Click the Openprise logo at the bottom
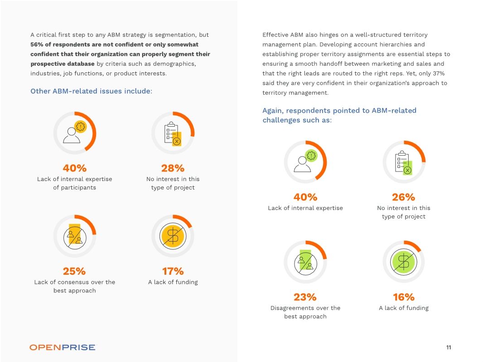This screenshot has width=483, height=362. (x=63, y=347)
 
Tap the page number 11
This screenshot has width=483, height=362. (x=448, y=348)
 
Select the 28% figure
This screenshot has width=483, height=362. (x=173, y=168)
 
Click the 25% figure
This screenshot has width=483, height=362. (x=74, y=271)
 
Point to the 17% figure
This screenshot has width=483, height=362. (x=173, y=271)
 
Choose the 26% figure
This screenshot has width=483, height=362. (x=403, y=197)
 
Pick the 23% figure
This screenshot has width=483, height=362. (x=305, y=297)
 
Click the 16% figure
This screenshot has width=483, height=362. (x=403, y=297)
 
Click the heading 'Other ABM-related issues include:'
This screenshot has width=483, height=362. (x=91, y=91)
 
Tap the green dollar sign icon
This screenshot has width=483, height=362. (x=403, y=262)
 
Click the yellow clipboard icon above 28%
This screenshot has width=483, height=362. (x=173, y=133)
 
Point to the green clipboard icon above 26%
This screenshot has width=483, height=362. (x=403, y=162)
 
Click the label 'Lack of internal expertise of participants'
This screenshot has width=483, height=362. (x=74, y=183)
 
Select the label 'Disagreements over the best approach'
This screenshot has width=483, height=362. (x=305, y=312)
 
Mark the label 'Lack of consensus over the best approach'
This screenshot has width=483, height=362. (x=74, y=286)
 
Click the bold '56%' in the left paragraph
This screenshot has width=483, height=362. (x=37, y=44)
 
